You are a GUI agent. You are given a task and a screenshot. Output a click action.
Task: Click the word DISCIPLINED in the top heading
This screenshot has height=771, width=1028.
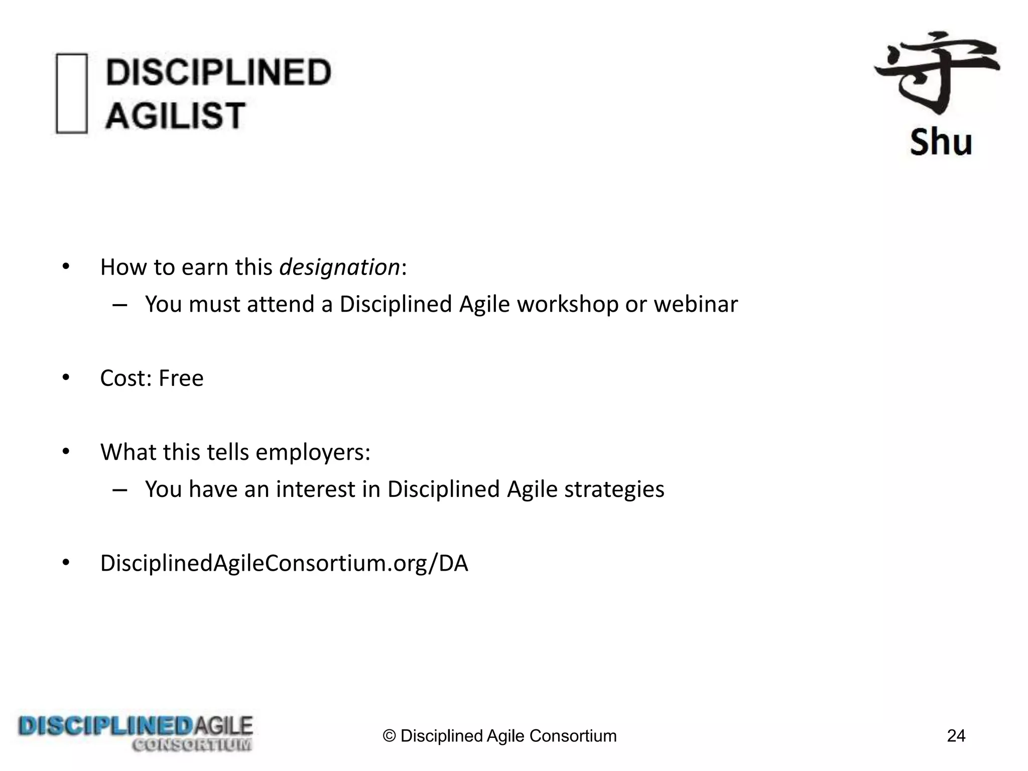click(x=218, y=72)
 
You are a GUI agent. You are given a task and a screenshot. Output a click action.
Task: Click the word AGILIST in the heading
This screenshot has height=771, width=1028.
click(x=175, y=115)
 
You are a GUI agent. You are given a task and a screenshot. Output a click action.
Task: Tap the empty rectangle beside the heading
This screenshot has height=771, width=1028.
click(x=71, y=93)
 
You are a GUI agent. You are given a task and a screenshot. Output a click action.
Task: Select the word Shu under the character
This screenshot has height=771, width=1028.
click(x=941, y=142)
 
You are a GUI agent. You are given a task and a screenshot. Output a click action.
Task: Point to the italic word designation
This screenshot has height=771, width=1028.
click(x=340, y=267)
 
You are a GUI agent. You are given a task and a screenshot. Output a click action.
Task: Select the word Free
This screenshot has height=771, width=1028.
click(x=181, y=378)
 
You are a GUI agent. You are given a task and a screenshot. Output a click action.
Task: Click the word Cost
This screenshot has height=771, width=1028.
click(x=124, y=378)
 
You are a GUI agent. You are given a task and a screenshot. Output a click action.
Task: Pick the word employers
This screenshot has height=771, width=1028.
click(x=313, y=452)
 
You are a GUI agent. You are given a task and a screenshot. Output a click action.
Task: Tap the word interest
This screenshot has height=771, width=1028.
click(x=315, y=489)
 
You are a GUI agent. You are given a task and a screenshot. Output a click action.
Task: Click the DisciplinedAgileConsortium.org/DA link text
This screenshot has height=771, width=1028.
click(x=284, y=563)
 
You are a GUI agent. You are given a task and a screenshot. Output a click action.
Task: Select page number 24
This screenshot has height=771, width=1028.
click(x=956, y=736)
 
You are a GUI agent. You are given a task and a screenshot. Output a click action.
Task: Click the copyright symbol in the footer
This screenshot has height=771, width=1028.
click(x=390, y=736)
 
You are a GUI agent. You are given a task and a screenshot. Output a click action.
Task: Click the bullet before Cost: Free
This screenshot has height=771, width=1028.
click(x=66, y=377)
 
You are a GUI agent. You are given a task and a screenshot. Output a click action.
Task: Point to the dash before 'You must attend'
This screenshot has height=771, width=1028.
click(x=119, y=305)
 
